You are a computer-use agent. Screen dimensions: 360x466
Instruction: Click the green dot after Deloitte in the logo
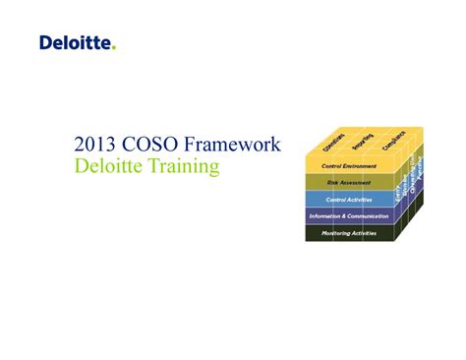tap(114, 47)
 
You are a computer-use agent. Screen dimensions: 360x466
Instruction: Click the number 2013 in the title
tap(95, 146)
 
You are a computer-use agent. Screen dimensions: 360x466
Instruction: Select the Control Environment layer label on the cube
tap(347, 165)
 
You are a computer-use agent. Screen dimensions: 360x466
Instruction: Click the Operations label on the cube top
tap(333, 144)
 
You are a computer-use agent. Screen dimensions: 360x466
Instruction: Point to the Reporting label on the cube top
tap(362, 142)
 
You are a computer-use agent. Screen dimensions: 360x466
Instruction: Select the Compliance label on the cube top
tap(391, 141)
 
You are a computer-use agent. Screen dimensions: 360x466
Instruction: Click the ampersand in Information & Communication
tap(344, 215)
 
